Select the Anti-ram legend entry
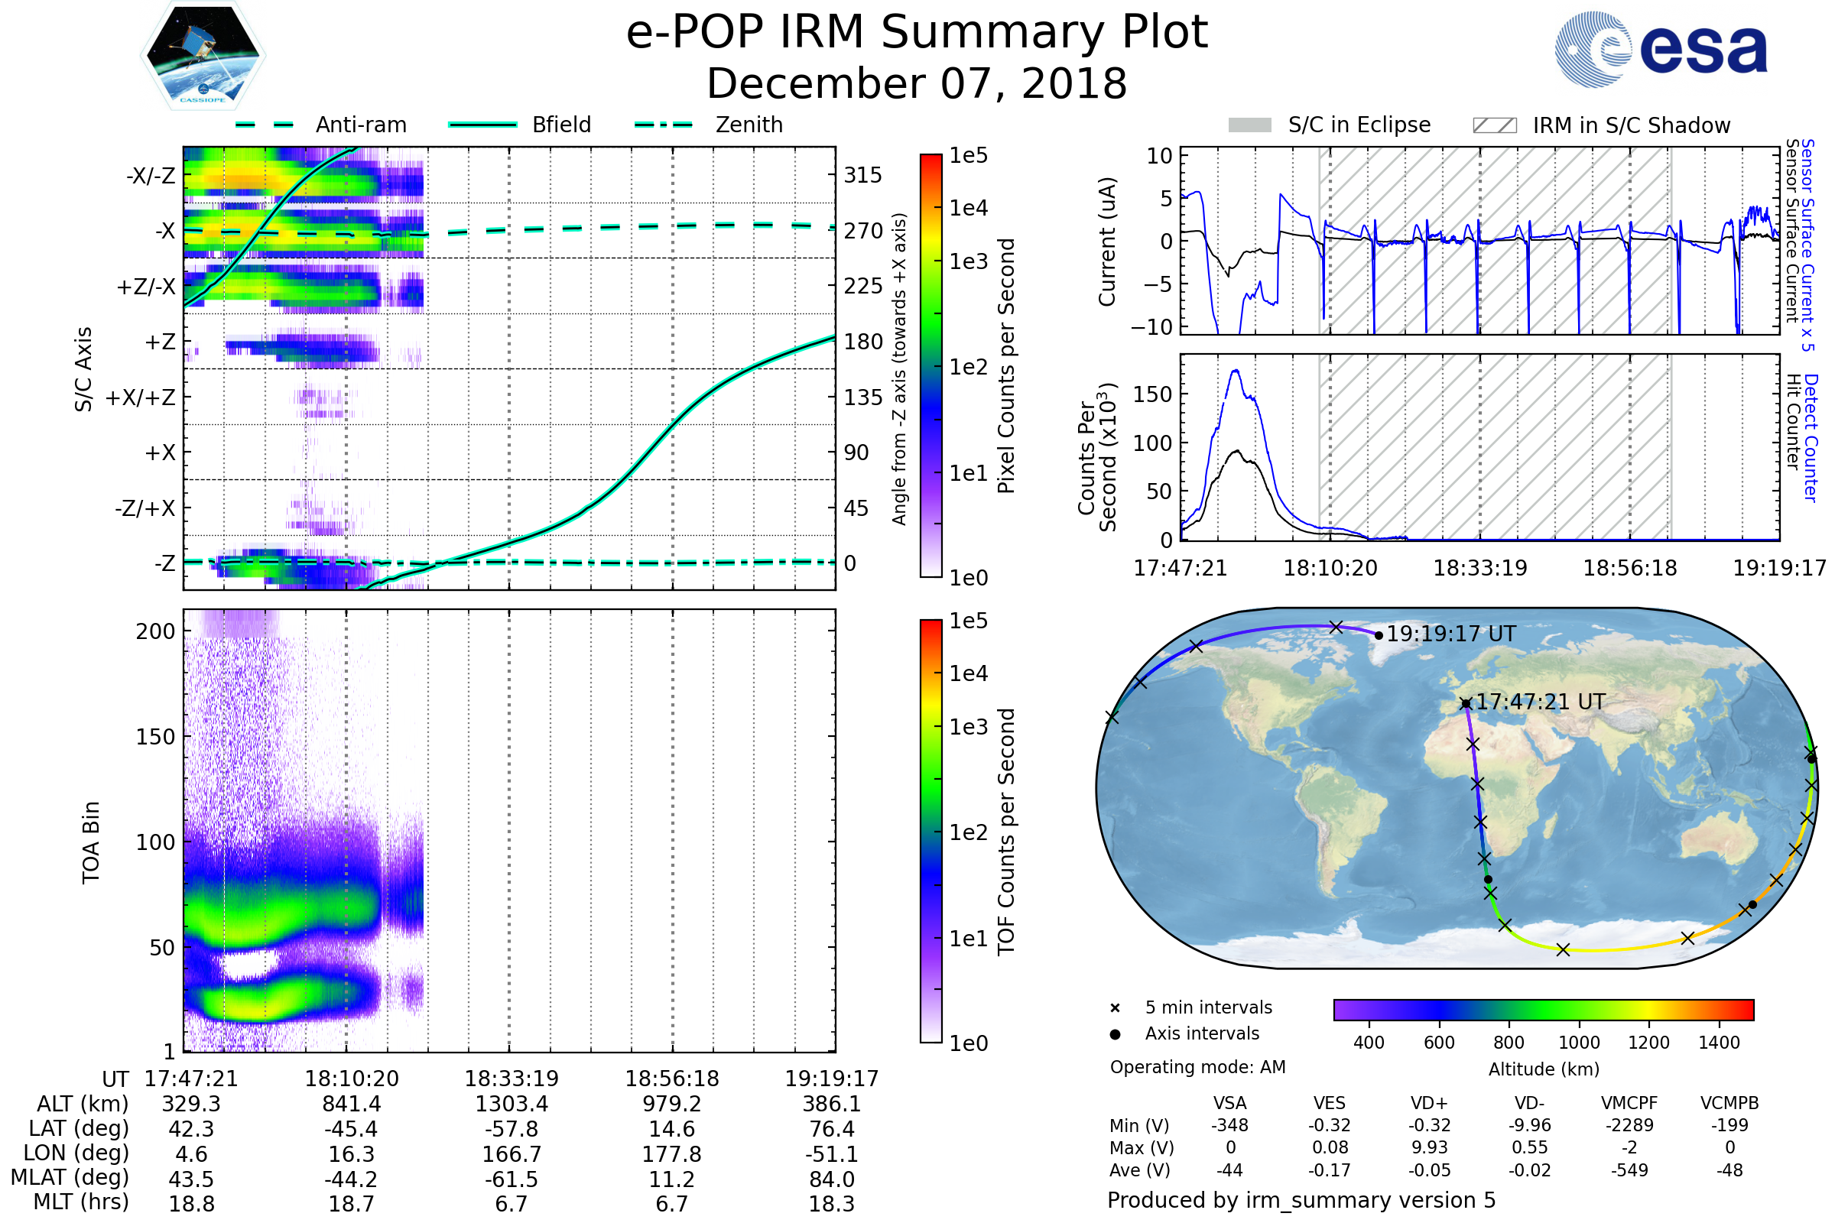tap(360, 125)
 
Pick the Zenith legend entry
tap(749, 125)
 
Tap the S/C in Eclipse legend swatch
tap(1249, 125)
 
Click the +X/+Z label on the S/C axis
tap(141, 397)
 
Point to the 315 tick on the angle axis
tap(862, 175)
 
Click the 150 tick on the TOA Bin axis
tap(156, 736)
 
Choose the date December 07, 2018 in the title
tap(917, 83)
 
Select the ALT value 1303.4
tap(512, 1104)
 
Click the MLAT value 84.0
tap(832, 1179)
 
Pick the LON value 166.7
tap(512, 1153)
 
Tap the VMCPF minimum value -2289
tap(1629, 1124)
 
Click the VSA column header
tap(1229, 1103)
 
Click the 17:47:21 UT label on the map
tap(1540, 702)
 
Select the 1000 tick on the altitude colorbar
tap(1579, 1043)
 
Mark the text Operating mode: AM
tap(1197, 1067)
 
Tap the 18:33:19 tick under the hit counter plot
tap(1480, 568)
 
